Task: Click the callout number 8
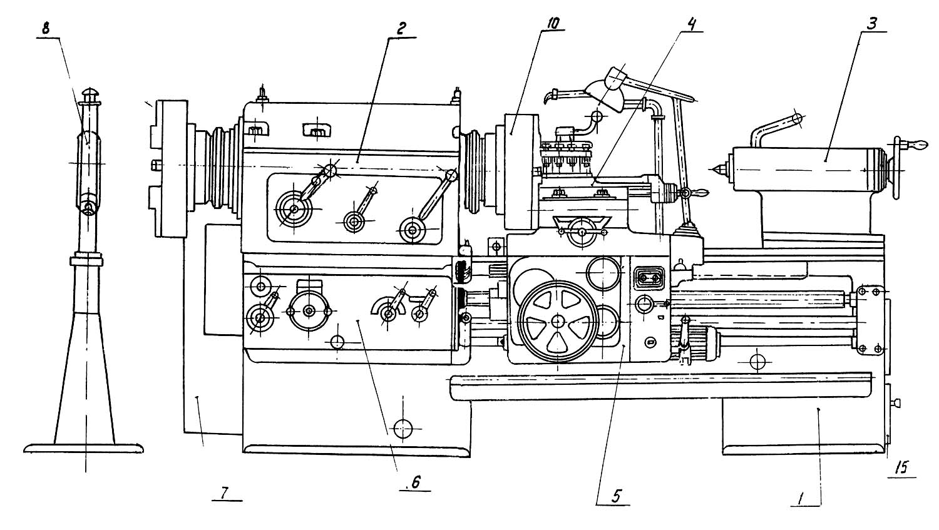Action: pos(46,29)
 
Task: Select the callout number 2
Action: pos(401,29)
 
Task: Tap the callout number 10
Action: pos(552,23)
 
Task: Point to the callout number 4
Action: pos(690,24)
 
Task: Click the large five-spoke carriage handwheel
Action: pos(558,322)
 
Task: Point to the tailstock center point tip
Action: pos(709,170)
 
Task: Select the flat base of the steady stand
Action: pos(83,448)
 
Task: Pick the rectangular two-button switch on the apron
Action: pos(649,278)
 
